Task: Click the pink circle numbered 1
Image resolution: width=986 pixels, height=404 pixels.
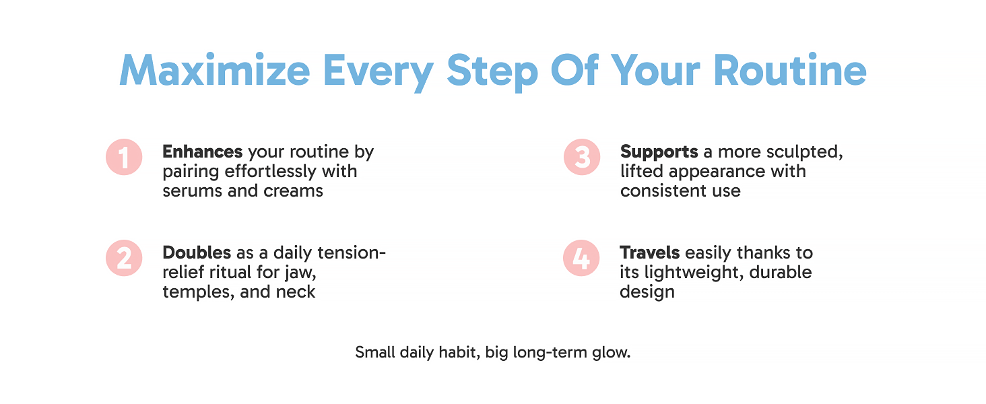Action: (124, 157)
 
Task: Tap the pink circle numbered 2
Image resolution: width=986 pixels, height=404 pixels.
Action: (124, 258)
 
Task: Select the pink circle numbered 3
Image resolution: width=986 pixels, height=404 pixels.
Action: (582, 157)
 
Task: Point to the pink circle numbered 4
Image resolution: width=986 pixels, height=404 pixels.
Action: (581, 258)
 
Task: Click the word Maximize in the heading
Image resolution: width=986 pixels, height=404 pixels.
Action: (215, 70)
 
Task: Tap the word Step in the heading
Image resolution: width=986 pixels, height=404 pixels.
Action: (492, 72)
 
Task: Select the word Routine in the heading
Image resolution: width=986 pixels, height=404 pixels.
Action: (790, 70)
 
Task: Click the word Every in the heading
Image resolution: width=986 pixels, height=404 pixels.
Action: (379, 73)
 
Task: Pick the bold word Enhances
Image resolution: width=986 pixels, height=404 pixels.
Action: (203, 151)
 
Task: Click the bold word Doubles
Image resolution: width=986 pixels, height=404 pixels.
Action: (197, 252)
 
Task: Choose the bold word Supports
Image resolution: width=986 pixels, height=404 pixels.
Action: (659, 152)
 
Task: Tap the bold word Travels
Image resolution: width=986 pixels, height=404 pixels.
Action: (650, 252)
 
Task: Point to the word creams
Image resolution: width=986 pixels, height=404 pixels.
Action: (293, 191)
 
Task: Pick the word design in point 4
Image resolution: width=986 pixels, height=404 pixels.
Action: (647, 293)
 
